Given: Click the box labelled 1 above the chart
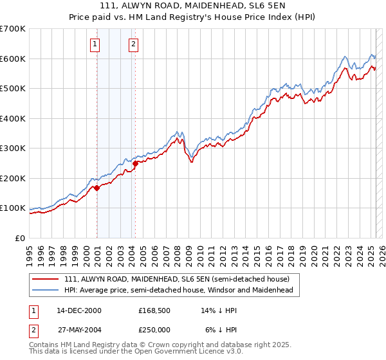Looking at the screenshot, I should pyautogui.click(x=95, y=44).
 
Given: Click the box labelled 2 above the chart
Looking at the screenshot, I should pyautogui.click(x=133, y=44).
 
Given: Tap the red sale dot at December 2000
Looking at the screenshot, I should pyautogui.click(x=97, y=188).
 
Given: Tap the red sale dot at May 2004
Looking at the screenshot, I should pyautogui.click(x=136, y=163).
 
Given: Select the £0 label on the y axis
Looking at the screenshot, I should pyautogui.click(x=21, y=238).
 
